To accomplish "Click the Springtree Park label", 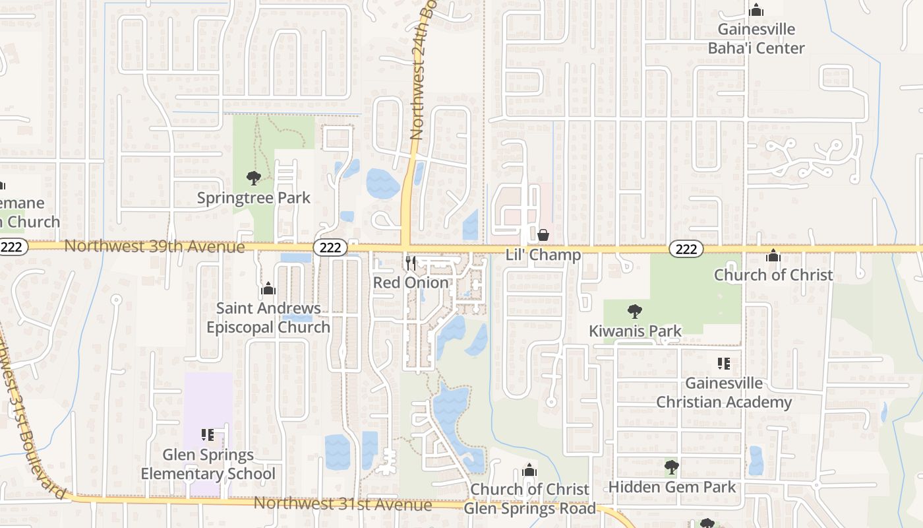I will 254,198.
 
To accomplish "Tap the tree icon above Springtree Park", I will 254,178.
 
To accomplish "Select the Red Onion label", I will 411,282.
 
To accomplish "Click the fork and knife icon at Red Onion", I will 411,263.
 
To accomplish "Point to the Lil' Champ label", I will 543,255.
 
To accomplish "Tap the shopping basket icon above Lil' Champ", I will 543,235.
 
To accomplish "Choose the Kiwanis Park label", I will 635,331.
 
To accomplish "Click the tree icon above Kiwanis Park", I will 635,311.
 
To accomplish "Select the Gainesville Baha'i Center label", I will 756,39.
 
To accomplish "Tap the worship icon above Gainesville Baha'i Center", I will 756,11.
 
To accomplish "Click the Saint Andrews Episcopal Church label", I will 268,317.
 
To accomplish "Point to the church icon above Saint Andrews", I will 268,289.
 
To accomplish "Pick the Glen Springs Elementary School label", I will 208,464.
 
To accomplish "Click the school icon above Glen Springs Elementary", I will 208,435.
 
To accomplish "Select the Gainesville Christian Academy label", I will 723,393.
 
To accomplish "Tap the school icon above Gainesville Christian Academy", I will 723,364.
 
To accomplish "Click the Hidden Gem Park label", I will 672,487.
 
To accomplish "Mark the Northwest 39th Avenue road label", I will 154,247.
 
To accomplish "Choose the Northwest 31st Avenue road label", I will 343,504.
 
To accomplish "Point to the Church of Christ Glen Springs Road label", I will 529,499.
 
